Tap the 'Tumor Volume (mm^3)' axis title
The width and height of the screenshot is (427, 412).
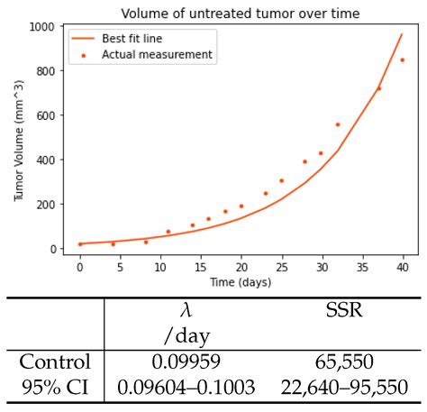19,138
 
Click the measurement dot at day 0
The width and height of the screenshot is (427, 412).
80,244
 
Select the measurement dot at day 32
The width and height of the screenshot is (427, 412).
338,124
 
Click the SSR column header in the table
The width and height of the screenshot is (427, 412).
342,311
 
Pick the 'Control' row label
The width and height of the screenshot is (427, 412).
56,362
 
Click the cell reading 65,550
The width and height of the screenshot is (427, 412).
342,362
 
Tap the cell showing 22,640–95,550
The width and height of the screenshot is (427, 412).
342,389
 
